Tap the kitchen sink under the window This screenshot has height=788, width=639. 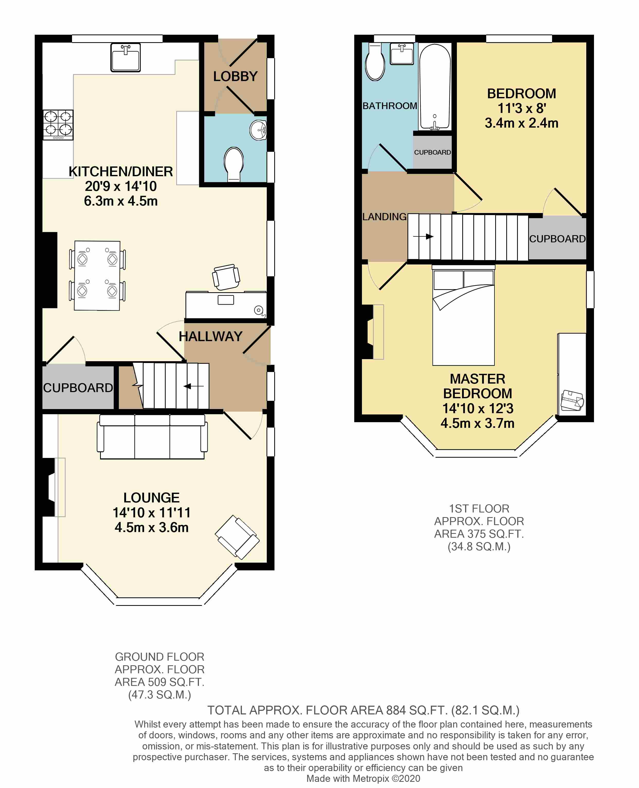click(x=126, y=57)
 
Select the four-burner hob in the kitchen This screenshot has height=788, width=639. click(x=58, y=125)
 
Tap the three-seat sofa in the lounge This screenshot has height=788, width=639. click(x=152, y=437)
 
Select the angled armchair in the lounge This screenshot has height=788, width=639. click(x=237, y=537)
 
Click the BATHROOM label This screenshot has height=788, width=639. click(x=390, y=106)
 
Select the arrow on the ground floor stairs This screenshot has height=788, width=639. click(x=194, y=386)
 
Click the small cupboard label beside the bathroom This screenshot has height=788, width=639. click(x=432, y=152)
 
